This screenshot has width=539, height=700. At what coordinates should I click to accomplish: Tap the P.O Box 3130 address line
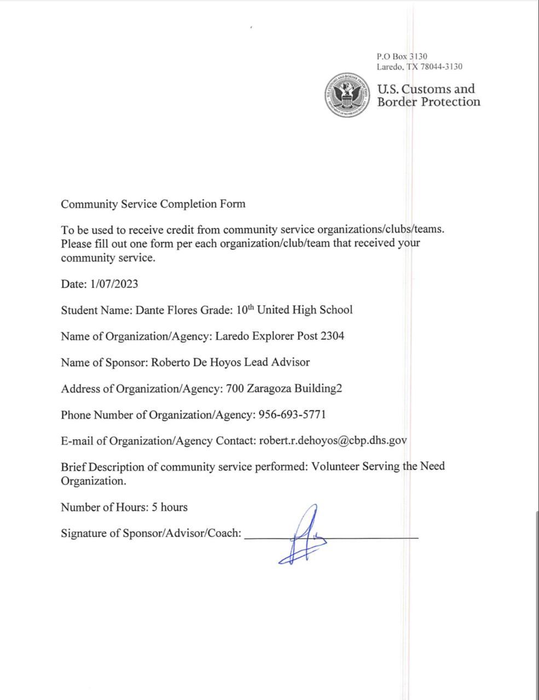click(402, 56)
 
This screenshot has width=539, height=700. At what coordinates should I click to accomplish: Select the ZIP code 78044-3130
click(441, 67)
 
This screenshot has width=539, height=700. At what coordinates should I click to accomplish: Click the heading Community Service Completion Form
click(153, 204)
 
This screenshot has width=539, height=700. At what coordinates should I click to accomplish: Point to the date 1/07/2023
click(114, 284)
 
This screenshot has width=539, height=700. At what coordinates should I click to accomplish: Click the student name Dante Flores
click(166, 310)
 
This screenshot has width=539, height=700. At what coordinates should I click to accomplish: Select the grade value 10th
click(245, 310)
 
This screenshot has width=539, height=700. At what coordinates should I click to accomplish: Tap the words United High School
click(305, 310)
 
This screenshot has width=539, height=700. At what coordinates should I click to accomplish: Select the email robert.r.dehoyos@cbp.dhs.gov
click(333, 441)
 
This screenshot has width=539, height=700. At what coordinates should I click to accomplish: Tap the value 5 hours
click(170, 507)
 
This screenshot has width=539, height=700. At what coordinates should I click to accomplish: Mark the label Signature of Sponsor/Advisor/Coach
click(151, 533)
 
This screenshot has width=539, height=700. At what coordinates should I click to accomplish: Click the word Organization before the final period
click(92, 481)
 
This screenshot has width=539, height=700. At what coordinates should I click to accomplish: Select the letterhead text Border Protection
click(428, 102)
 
